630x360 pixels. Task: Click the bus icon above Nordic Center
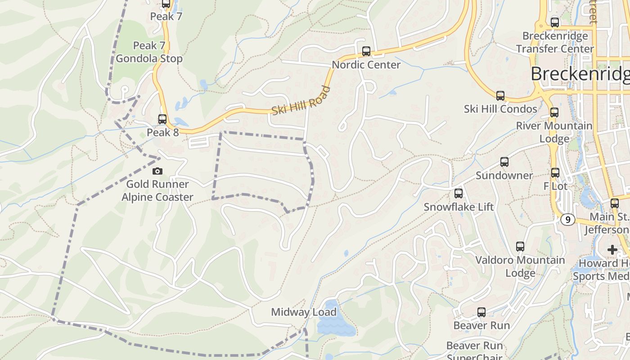point(366,51)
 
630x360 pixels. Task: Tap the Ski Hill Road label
point(301,100)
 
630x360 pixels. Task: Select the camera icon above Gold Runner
point(157,171)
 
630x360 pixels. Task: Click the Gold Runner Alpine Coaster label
point(157,190)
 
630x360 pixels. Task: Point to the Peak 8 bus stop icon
point(162,119)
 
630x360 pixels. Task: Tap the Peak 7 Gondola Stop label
point(149,52)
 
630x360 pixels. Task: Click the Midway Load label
point(304,312)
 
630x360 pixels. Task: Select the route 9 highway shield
point(568,220)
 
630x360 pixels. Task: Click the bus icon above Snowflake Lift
point(459,193)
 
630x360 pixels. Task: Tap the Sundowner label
point(504,175)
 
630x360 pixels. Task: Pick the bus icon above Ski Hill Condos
point(500,95)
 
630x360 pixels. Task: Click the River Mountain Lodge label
point(554,132)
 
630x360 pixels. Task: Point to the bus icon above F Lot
point(555,172)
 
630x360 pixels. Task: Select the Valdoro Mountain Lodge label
point(520,266)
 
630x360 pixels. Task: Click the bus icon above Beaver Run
point(481,312)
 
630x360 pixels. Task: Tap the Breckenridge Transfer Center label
point(555,42)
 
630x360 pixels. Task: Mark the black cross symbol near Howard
point(612,249)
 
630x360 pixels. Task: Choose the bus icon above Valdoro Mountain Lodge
point(520,247)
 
